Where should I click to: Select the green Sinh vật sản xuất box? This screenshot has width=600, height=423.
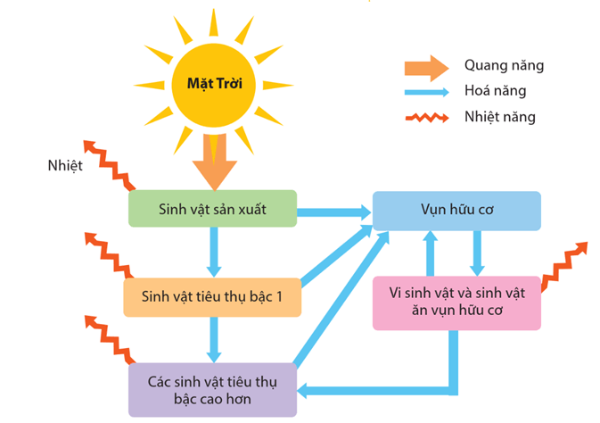212,208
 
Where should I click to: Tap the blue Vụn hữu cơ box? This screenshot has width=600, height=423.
456,211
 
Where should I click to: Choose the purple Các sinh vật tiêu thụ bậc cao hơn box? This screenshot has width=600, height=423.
212,389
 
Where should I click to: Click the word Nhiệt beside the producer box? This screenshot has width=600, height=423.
67,166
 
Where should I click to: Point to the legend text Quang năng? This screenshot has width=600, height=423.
504,65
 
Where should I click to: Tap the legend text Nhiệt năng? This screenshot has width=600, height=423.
499,116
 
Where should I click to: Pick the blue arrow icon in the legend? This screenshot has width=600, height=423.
424,91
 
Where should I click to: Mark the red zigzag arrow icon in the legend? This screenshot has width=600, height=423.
425,117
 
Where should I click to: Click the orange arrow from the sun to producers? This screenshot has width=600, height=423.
215,161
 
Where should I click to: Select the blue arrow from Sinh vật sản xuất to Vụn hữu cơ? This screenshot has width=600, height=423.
333,211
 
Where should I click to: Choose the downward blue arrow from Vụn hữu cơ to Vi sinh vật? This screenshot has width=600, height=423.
478,253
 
